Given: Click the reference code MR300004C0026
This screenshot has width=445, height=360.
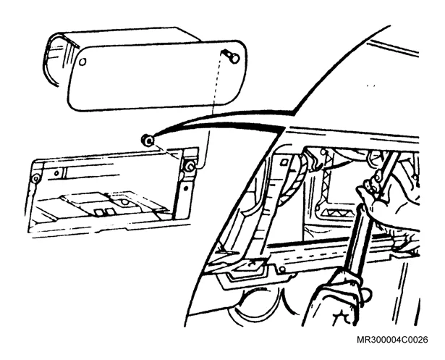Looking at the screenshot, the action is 392,340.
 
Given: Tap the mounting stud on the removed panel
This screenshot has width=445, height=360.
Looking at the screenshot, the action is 231,56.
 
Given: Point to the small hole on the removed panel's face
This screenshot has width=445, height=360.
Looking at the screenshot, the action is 82,62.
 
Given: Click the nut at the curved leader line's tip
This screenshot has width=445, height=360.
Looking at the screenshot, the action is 148,140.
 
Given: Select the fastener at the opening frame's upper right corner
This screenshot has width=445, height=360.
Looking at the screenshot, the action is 190,167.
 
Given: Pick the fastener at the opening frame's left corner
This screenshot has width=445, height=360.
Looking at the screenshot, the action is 35,179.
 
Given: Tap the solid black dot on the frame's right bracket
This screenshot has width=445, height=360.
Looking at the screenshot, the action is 186,188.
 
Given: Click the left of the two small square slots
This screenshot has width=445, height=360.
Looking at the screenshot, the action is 98,212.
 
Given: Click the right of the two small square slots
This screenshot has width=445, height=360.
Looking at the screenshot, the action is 108,212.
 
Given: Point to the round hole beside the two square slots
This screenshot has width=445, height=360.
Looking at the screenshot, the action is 124,202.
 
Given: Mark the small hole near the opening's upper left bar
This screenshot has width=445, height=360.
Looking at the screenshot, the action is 56,172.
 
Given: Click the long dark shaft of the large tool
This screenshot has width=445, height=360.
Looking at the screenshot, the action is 359,239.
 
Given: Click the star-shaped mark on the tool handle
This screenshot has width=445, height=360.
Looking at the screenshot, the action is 342,316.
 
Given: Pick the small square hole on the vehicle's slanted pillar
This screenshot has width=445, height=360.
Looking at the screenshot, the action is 284,162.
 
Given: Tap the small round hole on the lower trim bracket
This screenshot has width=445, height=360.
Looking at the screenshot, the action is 281,269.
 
